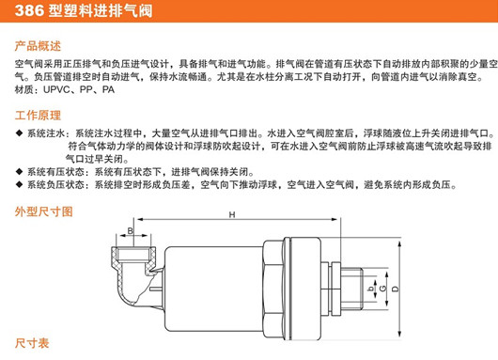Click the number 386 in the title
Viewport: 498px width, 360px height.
coord(29,10)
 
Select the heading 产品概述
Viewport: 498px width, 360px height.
coord(38,46)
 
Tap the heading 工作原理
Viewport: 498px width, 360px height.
coord(38,115)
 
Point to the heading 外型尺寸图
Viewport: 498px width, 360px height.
coord(44,211)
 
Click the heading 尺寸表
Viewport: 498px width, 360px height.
coord(32,343)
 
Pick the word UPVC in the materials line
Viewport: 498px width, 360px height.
coord(56,90)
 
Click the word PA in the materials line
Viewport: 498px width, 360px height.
coord(108,90)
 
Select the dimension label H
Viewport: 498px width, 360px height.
coord(232,215)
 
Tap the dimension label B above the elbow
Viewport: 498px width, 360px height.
coord(131,230)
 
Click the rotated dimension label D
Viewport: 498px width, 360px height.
coord(396,289)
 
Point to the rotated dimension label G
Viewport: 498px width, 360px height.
coord(383,289)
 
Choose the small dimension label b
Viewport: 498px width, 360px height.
coord(370,289)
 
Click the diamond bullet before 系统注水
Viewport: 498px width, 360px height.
coord(19,133)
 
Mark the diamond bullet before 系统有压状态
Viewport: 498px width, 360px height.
coord(19,172)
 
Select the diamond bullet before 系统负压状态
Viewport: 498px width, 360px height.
coord(19,184)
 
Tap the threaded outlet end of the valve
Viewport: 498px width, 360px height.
coord(352,289)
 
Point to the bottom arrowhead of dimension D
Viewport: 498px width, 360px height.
coord(399,334)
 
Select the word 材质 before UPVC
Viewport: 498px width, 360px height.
coord(23,90)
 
